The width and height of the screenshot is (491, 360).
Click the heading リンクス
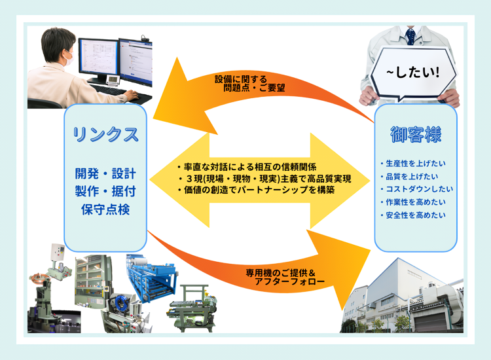point(105,134)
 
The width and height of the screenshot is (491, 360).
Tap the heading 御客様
point(416,134)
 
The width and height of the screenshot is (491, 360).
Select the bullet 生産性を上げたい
point(413,164)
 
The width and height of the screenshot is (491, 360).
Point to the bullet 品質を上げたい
point(409,177)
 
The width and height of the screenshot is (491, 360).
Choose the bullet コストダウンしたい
point(417,189)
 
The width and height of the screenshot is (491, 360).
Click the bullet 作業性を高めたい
point(413,202)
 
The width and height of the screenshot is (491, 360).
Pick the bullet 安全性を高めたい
point(413,215)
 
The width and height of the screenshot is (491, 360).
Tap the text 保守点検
point(105,209)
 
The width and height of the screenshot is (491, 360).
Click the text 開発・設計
point(105,173)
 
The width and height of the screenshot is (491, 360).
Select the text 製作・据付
point(105,191)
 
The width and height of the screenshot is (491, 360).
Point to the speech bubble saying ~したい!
point(413,75)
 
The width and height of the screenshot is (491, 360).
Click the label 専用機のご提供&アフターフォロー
point(285,277)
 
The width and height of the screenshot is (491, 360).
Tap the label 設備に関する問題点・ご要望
point(249,84)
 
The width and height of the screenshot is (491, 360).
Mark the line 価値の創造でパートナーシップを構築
point(256,190)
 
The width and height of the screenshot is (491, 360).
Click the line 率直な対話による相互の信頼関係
point(246,167)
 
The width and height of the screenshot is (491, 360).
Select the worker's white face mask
point(68,58)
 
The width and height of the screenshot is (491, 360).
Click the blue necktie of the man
point(410,36)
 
